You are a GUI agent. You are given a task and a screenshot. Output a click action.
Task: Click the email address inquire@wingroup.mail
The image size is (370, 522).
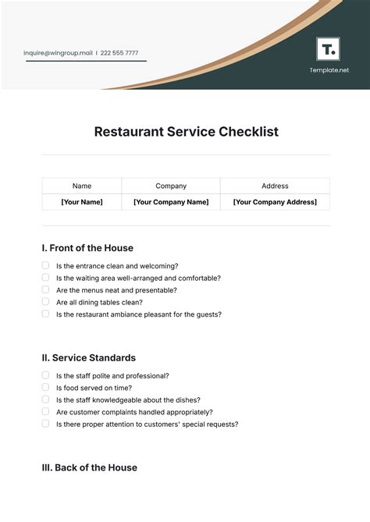pyautogui.click(x=59, y=53)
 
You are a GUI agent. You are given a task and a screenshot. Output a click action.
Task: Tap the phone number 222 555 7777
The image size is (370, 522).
pyautogui.click(x=120, y=53)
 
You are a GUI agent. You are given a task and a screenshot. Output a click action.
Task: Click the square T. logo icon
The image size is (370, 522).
pyautogui.click(x=328, y=49)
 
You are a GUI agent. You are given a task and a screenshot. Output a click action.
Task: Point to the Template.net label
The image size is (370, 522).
pyautogui.click(x=329, y=70)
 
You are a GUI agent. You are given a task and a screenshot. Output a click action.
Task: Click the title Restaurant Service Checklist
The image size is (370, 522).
pyautogui.click(x=186, y=132)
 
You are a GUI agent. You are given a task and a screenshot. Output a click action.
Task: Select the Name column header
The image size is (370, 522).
pyautogui.click(x=82, y=186)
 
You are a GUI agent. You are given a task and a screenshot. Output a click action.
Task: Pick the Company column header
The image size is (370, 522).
pyautogui.click(x=171, y=186)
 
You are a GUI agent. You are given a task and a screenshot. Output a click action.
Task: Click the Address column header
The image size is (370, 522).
pyautogui.click(x=275, y=186)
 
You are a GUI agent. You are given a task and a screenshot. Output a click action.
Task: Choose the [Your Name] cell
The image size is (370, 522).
pyautogui.click(x=82, y=202)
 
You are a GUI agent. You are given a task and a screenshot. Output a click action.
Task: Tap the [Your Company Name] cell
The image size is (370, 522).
pyautogui.click(x=171, y=202)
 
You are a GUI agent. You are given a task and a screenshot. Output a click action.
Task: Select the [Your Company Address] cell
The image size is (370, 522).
pyautogui.click(x=275, y=202)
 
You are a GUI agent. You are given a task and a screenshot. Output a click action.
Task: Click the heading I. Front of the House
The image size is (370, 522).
pyautogui.click(x=87, y=248)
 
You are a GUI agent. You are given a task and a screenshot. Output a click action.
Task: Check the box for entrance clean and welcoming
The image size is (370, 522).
pyautogui.click(x=45, y=265)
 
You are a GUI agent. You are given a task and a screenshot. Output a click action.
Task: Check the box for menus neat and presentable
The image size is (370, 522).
pyautogui.click(x=45, y=289)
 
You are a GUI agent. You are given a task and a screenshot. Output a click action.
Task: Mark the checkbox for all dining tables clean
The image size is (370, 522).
pyautogui.click(x=45, y=301)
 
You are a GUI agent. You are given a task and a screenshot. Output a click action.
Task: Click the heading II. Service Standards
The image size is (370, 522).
pyautogui.click(x=88, y=358)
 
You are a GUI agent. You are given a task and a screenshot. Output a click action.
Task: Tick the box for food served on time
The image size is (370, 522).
pyautogui.click(x=45, y=387)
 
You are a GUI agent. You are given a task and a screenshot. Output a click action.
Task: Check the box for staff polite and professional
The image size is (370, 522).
pyautogui.click(x=45, y=375)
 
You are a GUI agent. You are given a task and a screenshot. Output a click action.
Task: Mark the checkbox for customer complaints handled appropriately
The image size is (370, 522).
pyautogui.click(x=45, y=411)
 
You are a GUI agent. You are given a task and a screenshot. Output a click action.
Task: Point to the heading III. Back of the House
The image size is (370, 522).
pyautogui.click(x=89, y=468)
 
